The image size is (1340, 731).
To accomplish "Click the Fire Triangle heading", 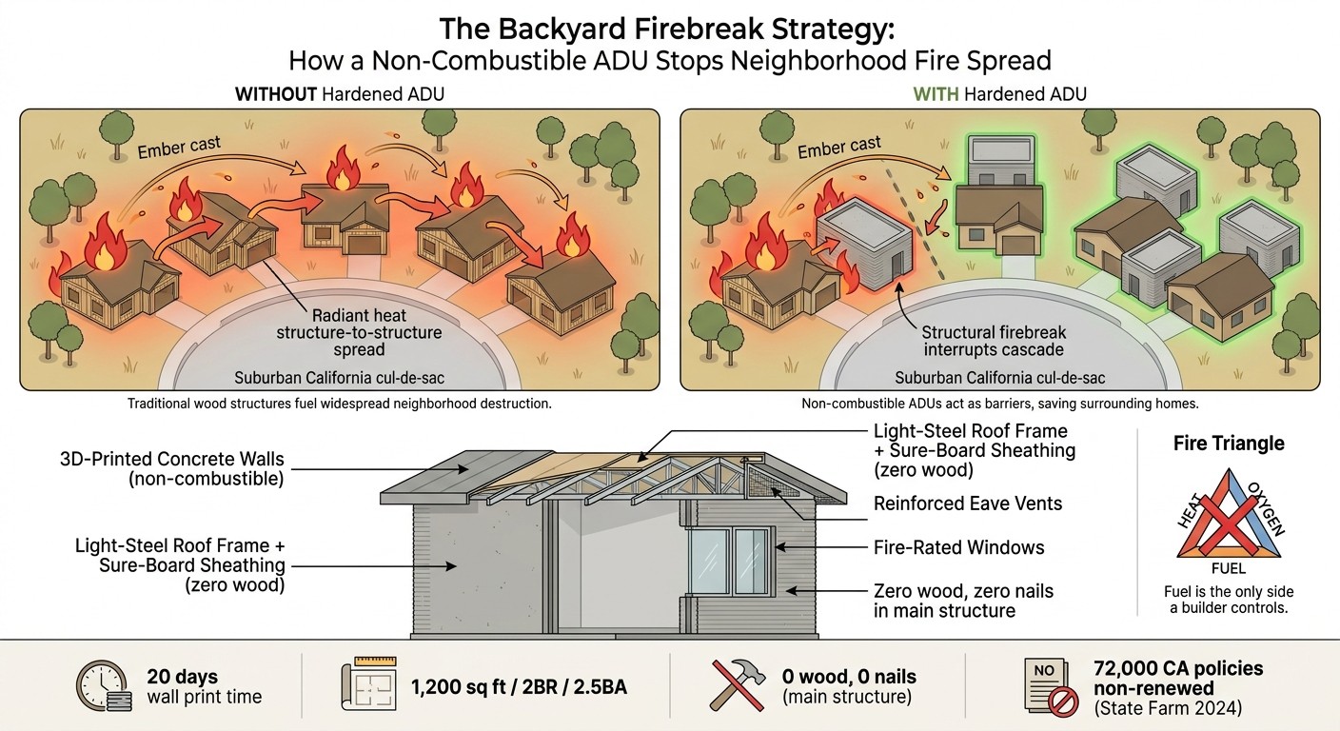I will point(1229,444).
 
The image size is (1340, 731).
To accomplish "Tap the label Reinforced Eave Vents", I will point(968,503).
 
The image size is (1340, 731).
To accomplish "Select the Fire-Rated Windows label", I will point(959,547).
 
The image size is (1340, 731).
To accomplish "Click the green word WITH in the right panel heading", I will point(936,94).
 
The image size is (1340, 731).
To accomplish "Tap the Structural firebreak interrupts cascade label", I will point(995,342).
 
